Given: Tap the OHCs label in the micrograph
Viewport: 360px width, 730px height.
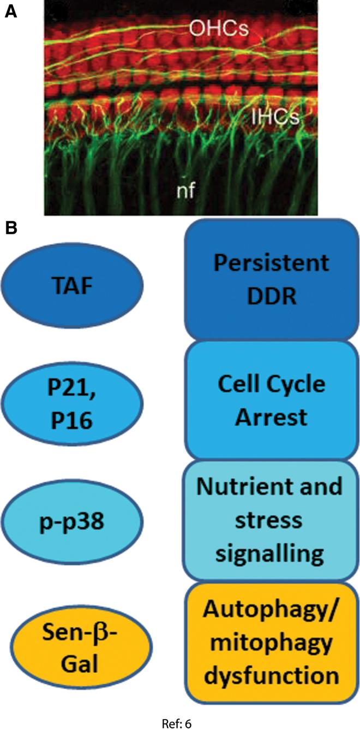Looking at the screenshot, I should pos(219,29).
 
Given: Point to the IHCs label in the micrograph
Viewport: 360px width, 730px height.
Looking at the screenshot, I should pos(275,117).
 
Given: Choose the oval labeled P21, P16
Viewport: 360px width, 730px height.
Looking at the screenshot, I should pos(72,403).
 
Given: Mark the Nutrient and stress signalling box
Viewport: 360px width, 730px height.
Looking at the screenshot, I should pos(272,520).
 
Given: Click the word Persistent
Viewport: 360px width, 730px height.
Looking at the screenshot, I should pos(271,264).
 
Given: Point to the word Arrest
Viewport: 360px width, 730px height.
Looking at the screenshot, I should pos(271,418).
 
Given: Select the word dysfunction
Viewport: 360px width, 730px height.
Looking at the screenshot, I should pos(271,675).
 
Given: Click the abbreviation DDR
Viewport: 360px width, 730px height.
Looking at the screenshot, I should pos(271,298).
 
